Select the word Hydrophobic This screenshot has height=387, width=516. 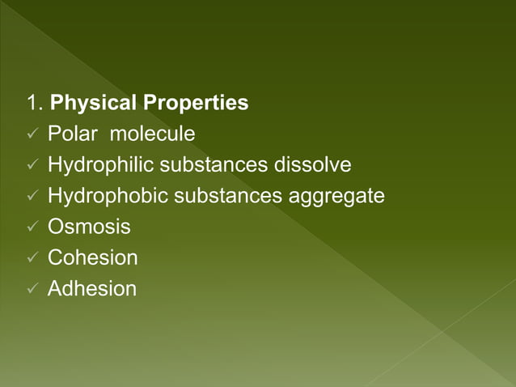[x=105, y=196]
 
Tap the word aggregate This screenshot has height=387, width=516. [x=336, y=197]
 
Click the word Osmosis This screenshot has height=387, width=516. [x=89, y=227]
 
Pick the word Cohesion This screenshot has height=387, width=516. [x=92, y=257]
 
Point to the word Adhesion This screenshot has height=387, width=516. [x=92, y=288]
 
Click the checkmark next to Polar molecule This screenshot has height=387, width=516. [x=32, y=135]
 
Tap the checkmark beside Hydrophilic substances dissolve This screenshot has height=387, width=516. [x=32, y=166]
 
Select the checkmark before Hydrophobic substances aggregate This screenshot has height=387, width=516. [x=32, y=197]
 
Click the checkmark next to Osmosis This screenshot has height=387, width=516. [x=32, y=228]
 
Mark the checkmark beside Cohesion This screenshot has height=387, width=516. [x=32, y=258]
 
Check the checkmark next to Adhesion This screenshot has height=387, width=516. [x=32, y=289]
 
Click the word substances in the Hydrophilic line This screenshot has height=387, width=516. [x=212, y=165]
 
